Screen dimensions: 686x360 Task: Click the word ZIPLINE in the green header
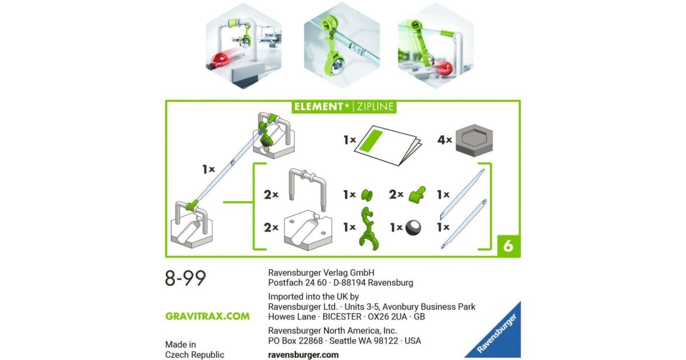pos(376,106)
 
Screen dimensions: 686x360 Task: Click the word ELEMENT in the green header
pos(318,106)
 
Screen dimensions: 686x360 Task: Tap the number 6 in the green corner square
pos(508,246)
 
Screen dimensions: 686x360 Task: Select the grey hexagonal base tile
pos(474,140)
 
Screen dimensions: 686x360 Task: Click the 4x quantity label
pos(445,140)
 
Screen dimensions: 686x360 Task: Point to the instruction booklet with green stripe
pos(388,145)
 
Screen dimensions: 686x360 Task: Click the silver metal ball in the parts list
pos(413,227)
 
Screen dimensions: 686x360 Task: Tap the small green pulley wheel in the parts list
pos(366,195)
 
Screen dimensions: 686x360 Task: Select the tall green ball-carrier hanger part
pos(369,229)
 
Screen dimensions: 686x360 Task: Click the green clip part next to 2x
pos(417,195)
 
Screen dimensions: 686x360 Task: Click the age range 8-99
pos(185,278)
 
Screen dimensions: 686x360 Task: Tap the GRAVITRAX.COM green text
pos(208,316)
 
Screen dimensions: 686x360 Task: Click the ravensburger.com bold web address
pos(303,355)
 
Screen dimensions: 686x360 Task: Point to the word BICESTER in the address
pos(342,317)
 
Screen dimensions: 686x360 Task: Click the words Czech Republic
pos(194,355)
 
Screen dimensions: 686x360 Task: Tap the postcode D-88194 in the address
pos(349,282)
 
